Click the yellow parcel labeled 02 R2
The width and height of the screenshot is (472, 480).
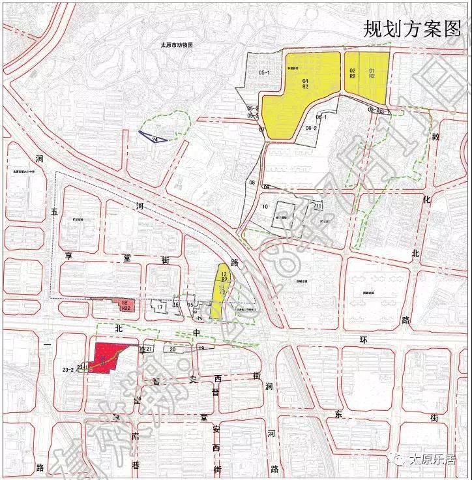pyautogui.click(x=352, y=73)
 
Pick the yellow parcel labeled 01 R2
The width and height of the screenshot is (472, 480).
pyautogui.click(x=372, y=73)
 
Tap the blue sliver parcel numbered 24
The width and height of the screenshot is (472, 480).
pyautogui.click(x=155, y=138)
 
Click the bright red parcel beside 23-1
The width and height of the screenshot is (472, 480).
pyautogui.click(x=104, y=355)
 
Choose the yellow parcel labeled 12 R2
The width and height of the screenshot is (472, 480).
pyautogui.click(x=224, y=276)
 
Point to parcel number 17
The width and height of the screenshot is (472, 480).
pyautogui.click(x=160, y=307)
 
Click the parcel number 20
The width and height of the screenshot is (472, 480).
pyautogui.click(x=173, y=350)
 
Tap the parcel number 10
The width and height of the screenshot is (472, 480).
pyautogui.click(x=265, y=207)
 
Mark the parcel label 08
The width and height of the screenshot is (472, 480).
pyautogui.click(x=251, y=183)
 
